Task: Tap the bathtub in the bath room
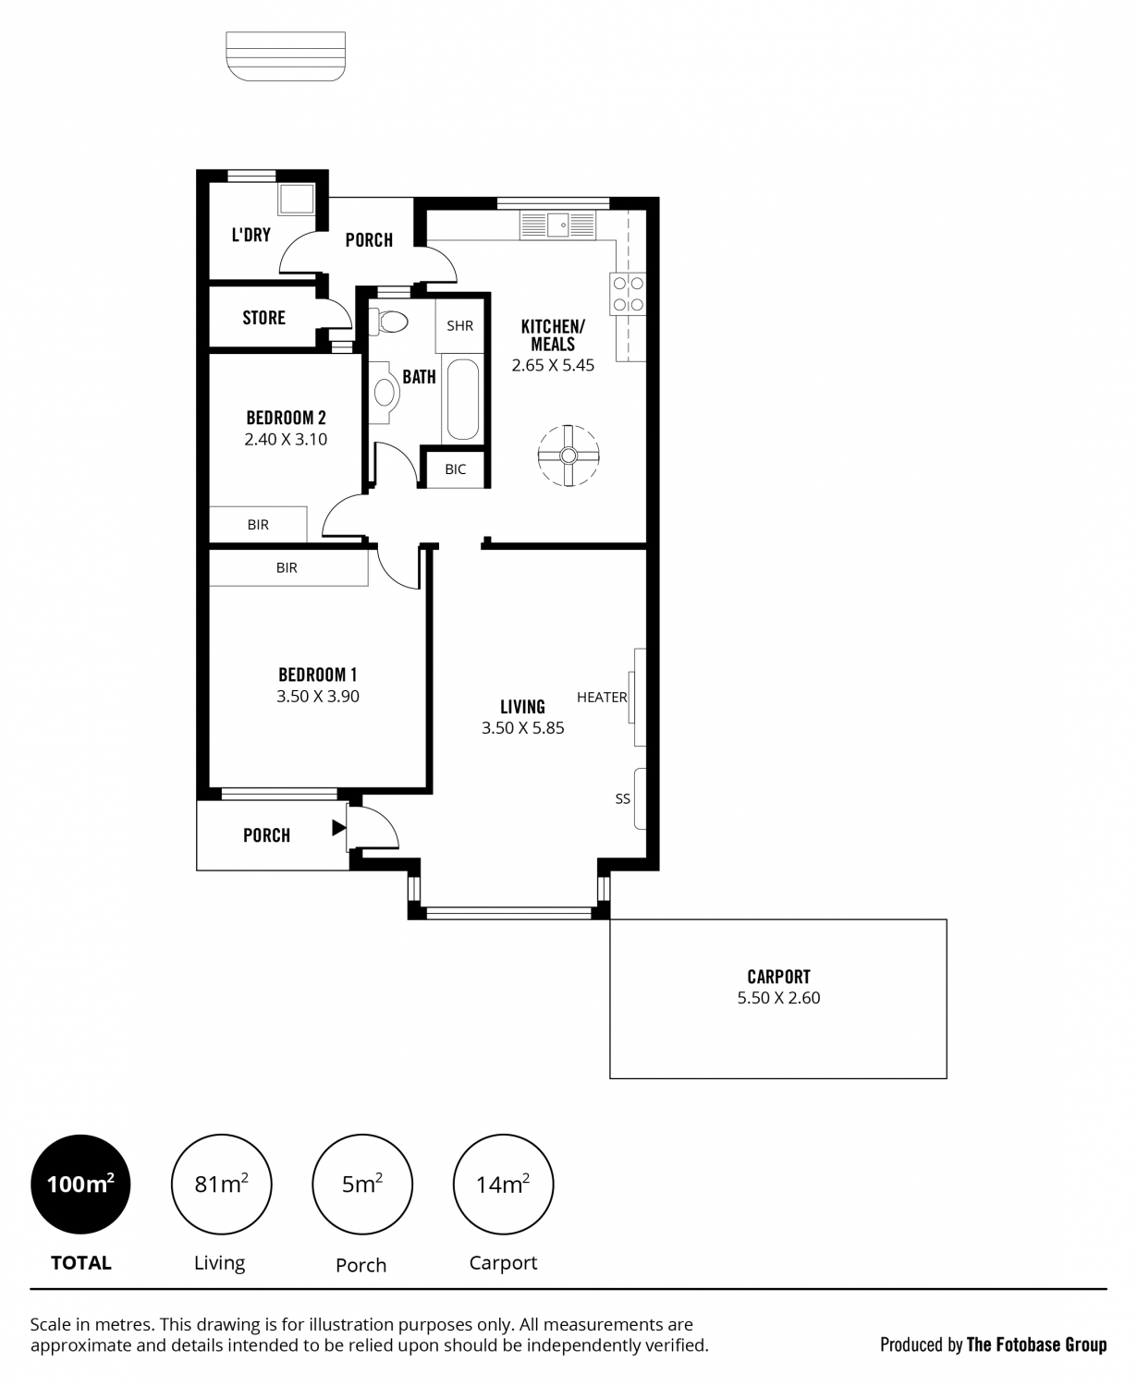pyautogui.click(x=463, y=399)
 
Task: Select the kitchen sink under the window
pyautogui.click(x=558, y=225)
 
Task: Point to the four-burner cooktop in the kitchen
pyautogui.click(x=628, y=294)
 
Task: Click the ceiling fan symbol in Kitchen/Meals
pyautogui.click(x=568, y=456)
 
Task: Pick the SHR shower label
pyautogui.click(x=459, y=326)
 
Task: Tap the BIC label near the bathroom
pyautogui.click(x=455, y=469)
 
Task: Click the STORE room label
pyautogui.click(x=263, y=318)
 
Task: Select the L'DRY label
pyautogui.click(x=251, y=235)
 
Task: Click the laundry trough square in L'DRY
pyautogui.click(x=296, y=199)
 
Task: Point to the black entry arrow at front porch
pyautogui.click(x=338, y=827)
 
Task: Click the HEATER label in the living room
pyautogui.click(x=602, y=698)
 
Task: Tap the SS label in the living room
pyautogui.click(x=622, y=798)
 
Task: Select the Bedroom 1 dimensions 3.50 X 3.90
pyautogui.click(x=318, y=696)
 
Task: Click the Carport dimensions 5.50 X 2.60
pyautogui.click(x=778, y=998)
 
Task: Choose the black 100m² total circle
pyautogui.click(x=80, y=1185)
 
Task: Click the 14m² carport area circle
pyautogui.click(x=503, y=1185)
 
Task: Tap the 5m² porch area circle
pyautogui.click(x=362, y=1185)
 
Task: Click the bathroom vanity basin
pyautogui.click(x=383, y=393)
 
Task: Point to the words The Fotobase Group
pyautogui.click(x=1036, y=1344)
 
